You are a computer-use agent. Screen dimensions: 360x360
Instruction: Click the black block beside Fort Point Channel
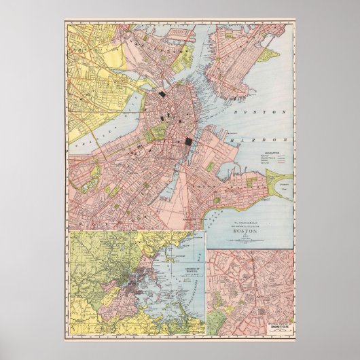188,141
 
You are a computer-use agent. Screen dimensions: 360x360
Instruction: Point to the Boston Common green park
158,131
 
